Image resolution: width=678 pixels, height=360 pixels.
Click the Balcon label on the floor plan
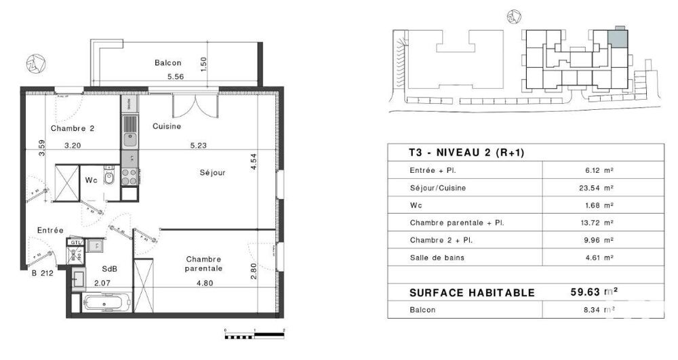(x=168, y=63)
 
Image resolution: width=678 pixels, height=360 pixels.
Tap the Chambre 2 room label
(x=72, y=128)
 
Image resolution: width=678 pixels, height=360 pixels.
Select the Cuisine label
(x=166, y=126)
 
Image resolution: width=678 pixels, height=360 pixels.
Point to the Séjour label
(x=212, y=172)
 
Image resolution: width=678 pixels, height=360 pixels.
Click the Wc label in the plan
(x=92, y=180)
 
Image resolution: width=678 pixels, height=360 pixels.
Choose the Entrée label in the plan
(x=51, y=231)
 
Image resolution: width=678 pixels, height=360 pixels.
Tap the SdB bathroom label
(x=109, y=268)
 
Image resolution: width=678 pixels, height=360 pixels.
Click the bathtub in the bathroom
(x=107, y=302)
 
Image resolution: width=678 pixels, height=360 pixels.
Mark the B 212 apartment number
(x=42, y=274)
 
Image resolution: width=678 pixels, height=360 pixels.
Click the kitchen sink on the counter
(x=129, y=140)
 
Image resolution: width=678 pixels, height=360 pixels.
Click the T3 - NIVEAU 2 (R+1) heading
(x=466, y=153)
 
